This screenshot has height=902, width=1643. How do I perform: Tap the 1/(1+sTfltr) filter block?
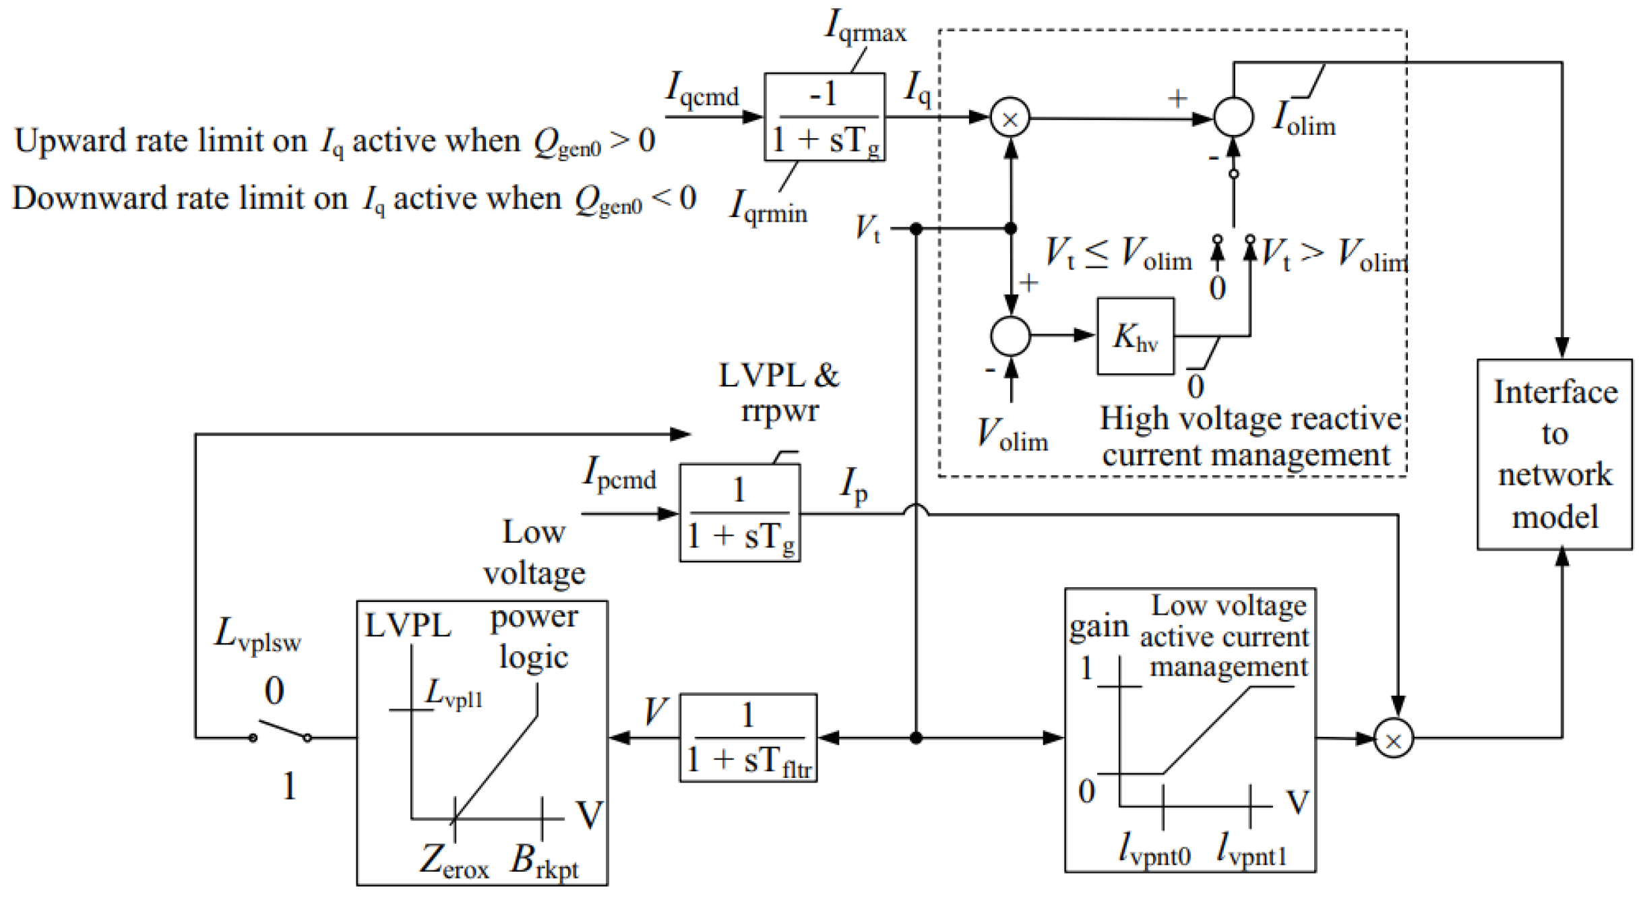coord(747,737)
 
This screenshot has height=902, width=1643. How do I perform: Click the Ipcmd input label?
coord(618,473)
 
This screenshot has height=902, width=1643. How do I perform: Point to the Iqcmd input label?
coord(702,90)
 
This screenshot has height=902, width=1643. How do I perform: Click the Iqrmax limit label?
coord(865,27)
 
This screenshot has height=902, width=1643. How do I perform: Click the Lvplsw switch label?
coord(257,636)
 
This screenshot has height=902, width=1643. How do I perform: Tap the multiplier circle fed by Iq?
coord(1009,118)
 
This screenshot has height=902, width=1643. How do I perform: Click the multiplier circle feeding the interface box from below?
coord(1392,738)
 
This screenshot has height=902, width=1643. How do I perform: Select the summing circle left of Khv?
coord(1010,336)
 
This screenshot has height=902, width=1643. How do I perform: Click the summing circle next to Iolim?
coord(1233,117)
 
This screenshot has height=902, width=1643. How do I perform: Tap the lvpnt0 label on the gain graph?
coord(1153,849)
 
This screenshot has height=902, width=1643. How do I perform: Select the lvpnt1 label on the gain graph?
coord(1251,849)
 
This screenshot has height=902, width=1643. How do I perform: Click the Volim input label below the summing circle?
coord(1012,435)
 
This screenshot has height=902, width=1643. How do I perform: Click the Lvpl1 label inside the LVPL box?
coord(453,693)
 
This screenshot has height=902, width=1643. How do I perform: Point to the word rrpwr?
coord(779,410)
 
